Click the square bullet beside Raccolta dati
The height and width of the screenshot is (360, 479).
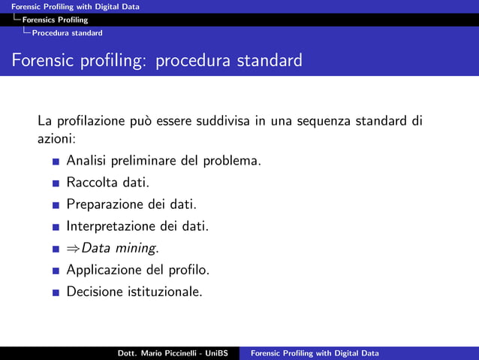pos(56,183)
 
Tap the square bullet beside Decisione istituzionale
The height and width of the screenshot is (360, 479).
pos(56,292)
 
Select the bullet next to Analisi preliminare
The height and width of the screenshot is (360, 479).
pos(56,161)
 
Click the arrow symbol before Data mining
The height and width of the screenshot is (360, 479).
pos(74,248)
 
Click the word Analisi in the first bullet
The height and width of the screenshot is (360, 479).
pos(87,160)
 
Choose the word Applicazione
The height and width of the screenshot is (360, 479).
pos(103,269)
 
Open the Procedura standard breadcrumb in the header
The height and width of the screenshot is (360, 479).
pos(72,32)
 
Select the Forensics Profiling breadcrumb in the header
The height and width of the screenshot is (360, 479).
pos(55,20)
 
